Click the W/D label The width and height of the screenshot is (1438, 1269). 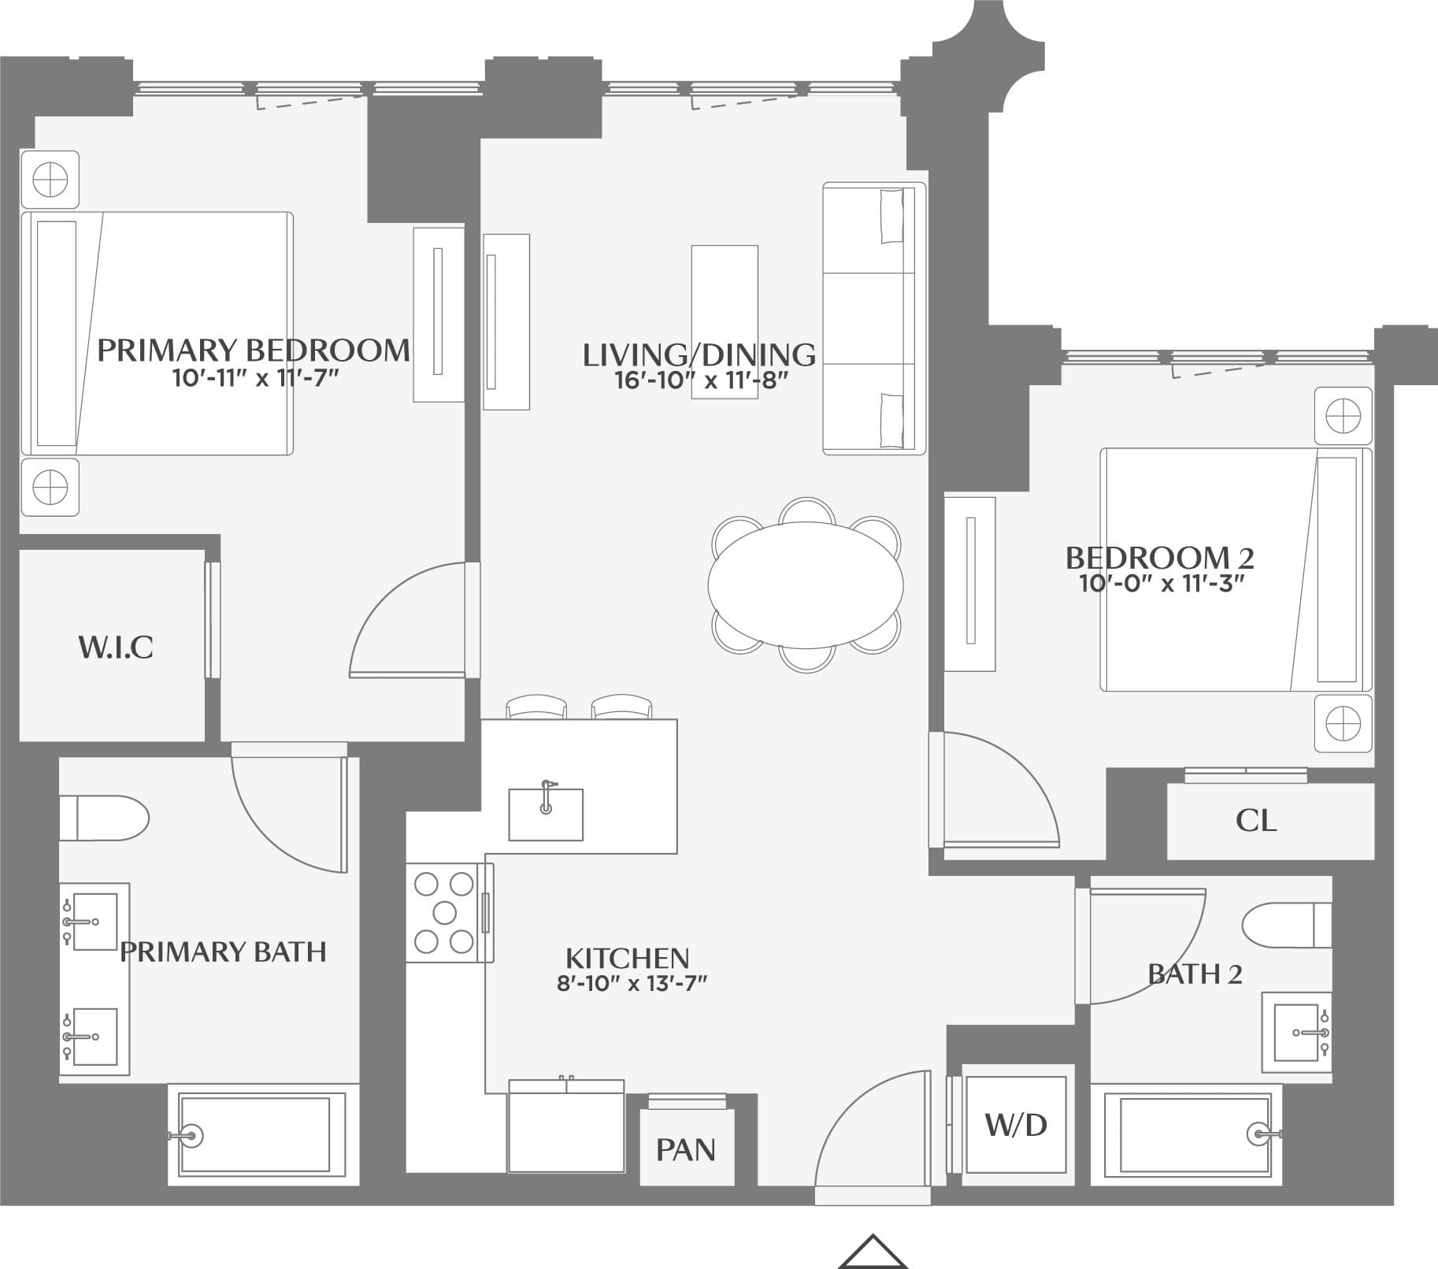point(1016,1124)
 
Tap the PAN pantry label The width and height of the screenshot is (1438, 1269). point(686,1149)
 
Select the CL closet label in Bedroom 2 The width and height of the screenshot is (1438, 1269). point(1255,821)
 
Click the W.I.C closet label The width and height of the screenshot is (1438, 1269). point(115,647)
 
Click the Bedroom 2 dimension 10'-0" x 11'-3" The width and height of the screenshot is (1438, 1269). point(1161,584)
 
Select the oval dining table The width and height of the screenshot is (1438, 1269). point(805,584)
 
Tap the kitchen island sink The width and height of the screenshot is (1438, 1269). point(545,814)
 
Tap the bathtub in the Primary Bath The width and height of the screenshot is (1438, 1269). point(256,1134)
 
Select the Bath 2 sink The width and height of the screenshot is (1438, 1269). point(1296,1032)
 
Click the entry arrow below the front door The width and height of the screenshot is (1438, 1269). point(873,1252)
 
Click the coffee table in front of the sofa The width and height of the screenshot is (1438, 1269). point(725,321)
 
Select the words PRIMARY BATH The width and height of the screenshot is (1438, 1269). point(223,952)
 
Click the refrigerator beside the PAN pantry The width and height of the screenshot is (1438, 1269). point(566,1126)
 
